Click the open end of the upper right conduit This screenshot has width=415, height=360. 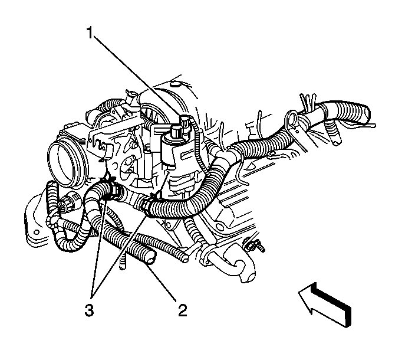(367, 111)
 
